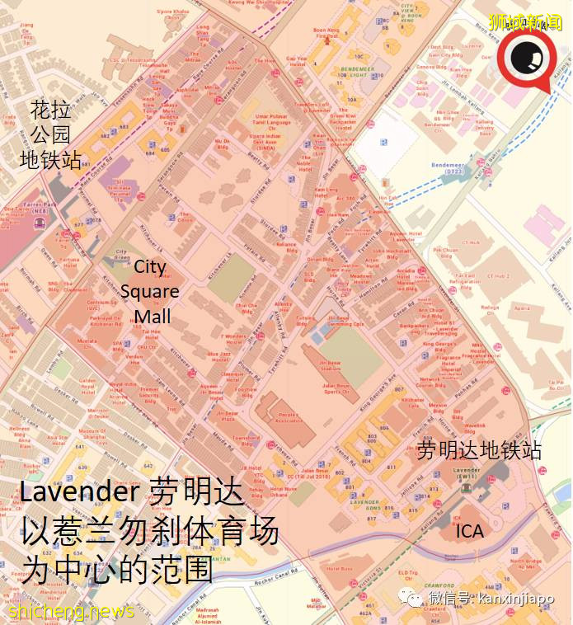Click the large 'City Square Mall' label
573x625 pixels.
150,291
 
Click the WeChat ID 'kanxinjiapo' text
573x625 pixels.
524,596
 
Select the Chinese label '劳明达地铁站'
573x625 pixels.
480,450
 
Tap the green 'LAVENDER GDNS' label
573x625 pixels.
364,501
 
